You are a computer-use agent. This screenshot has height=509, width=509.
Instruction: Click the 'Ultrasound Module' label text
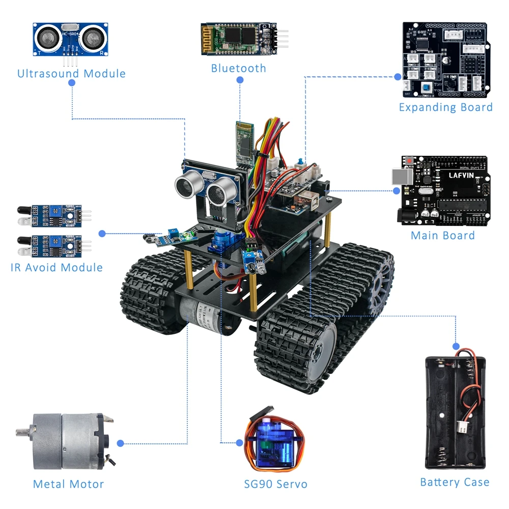click(x=71, y=73)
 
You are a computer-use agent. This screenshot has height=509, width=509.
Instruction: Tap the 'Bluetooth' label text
click(x=238, y=68)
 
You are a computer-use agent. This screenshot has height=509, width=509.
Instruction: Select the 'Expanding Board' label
click(x=445, y=107)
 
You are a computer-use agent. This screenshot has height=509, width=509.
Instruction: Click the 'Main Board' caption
click(x=442, y=235)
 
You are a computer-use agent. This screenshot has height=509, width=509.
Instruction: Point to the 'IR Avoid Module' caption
click(x=56, y=267)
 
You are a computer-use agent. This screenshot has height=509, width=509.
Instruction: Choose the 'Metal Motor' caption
click(x=68, y=484)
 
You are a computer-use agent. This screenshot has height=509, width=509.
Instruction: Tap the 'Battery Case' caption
click(x=455, y=482)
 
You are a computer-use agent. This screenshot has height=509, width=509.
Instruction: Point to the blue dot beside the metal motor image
click(x=120, y=443)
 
